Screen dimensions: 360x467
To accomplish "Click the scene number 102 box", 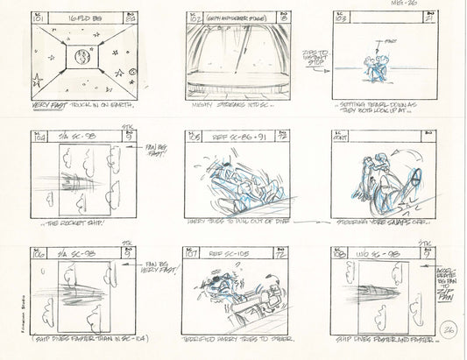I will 195,17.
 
